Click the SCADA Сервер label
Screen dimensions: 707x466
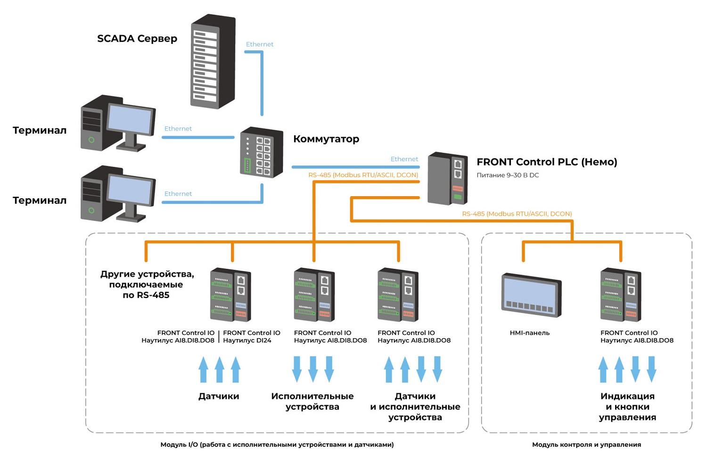[x=137, y=39]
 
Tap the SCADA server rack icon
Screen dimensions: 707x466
[x=213, y=61]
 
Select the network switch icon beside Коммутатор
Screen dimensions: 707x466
[x=261, y=152]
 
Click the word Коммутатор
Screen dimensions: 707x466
[x=326, y=139]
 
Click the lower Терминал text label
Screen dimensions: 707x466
[x=40, y=200]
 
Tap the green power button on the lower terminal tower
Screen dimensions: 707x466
[x=91, y=210]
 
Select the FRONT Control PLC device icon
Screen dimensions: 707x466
[x=448, y=178]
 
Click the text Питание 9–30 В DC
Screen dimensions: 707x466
[x=508, y=175]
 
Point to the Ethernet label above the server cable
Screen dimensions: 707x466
[x=259, y=44]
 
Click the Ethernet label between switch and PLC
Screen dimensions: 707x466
[x=404, y=159]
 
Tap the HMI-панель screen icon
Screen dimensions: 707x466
[x=532, y=295]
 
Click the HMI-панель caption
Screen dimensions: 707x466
[x=530, y=333]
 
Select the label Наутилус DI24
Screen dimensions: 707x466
[x=247, y=340]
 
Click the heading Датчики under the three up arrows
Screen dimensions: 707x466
[x=219, y=396]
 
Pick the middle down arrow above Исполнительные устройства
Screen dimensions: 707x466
[x=313, y=369]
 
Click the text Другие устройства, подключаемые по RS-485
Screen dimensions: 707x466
[x=147, y=284]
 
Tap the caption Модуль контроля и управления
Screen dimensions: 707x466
[x=586, y=444]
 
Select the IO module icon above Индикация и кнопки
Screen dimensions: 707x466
[x=621, y=295]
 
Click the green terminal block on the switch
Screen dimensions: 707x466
[x=247, y=165]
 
